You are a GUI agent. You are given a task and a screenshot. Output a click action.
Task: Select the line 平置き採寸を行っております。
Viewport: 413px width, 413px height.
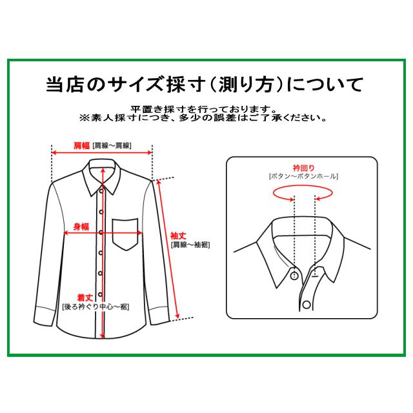204,109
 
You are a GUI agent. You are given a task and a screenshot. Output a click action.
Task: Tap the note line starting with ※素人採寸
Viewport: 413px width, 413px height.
204,119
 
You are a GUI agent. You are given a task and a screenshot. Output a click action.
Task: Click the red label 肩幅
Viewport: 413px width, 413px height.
82,145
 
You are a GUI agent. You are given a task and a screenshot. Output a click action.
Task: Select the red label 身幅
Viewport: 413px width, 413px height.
81,226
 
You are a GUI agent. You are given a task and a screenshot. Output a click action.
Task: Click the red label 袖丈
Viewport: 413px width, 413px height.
177,236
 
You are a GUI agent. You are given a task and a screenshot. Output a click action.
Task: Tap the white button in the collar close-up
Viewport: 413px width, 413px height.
294,276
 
